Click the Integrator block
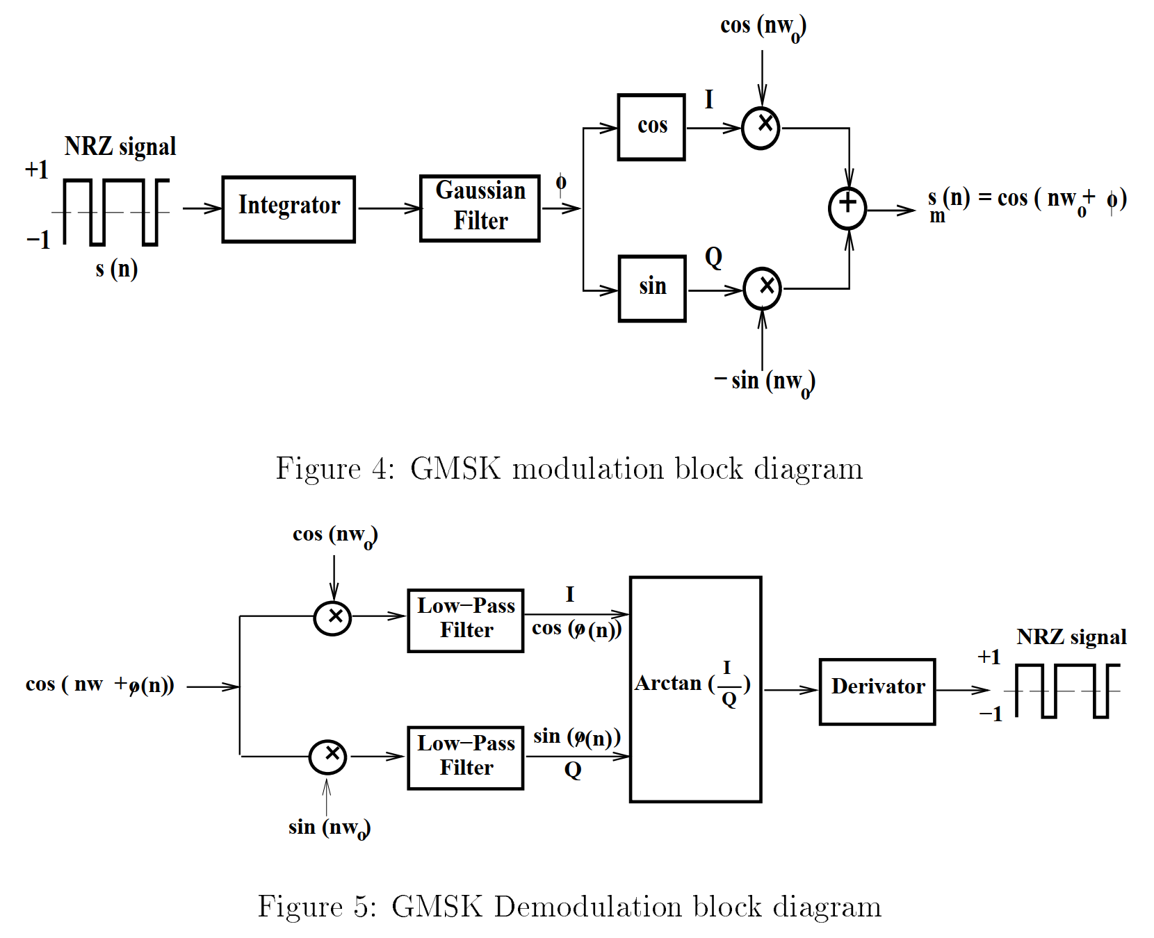coord(288,209)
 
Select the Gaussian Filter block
coord(480,208)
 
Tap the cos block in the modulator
coord(651,127)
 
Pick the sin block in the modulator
coord(652,288)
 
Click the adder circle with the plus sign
coord(847,208)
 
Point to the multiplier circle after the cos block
coord(761,128)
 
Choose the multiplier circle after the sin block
coord(763,288)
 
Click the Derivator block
coord(877,691)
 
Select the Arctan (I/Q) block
coord(695,689)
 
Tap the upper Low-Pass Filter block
coord(466,620)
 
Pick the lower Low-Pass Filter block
coord(466,758)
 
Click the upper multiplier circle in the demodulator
coord(332,617)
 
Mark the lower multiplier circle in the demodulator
coord(328,756)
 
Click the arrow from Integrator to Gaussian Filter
coord(389,208)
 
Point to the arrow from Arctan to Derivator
coord(791,690)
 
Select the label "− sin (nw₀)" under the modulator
coord(765,382)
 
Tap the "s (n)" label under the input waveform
coord(117,268)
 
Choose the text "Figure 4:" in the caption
coord(336,468)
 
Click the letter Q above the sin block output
coord(714,257)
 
